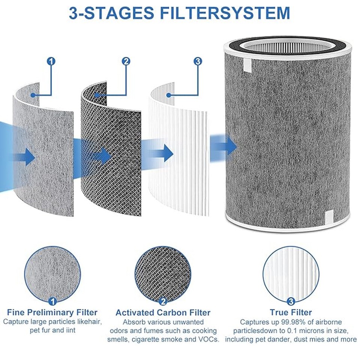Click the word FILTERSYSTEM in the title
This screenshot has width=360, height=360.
tap(223, 12)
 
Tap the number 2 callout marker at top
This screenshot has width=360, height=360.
tap(126, 61)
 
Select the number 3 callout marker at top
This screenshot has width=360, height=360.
tap(198, 61)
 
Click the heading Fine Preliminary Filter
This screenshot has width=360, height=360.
tap(52, 312)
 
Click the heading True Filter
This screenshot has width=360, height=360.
tap(291, 312)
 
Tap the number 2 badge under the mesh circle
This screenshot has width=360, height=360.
tap(163, 301)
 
